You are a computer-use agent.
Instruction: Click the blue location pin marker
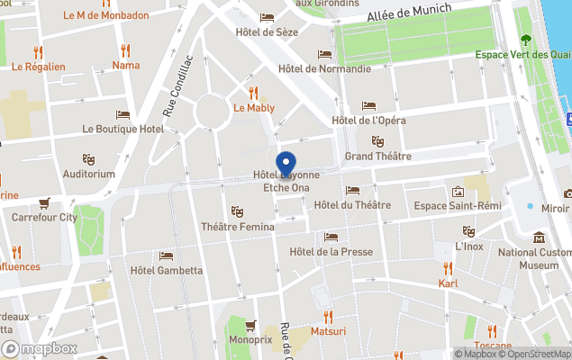[x=286, y=165]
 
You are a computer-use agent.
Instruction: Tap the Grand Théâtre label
[x=378, y=157]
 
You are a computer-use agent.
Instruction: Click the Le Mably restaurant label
[x=254, y=108]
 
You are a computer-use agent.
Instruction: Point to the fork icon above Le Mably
[x=254, y=92]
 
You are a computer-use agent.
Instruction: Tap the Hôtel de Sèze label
[x=268, y=32]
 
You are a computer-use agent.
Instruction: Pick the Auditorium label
[x=89, y=174]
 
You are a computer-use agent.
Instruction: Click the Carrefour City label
[x=44, y=217]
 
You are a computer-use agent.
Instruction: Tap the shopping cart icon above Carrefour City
[x=44, y=202]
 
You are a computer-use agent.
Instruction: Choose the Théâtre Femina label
[x=238, y=227]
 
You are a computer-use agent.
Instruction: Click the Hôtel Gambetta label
[x=166, y=271]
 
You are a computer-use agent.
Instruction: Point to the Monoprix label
[x=250, y=341]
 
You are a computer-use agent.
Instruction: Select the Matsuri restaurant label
[x=328, y=332]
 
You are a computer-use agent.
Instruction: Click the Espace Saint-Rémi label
[x=458, y=206]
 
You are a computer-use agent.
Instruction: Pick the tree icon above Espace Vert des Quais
[x=525, y=40]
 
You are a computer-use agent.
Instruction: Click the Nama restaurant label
[x=126, y=65]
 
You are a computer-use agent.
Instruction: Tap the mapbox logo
[x=40, y=348]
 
